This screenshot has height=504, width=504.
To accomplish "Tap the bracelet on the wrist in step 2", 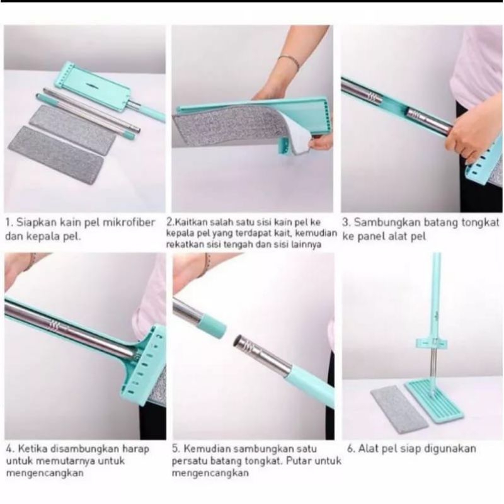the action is click(x=289, y=60).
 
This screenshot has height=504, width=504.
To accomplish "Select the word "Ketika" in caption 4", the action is click(x=32, y=449).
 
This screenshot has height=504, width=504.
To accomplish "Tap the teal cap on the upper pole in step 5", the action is click(x=214, y=325).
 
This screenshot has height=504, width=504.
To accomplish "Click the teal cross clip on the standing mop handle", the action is click(x=433, y=343).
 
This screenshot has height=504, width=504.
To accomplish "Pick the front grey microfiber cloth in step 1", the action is click(x=56, y=154).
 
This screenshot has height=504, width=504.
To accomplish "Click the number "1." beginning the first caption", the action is click(x=9, y=222).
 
